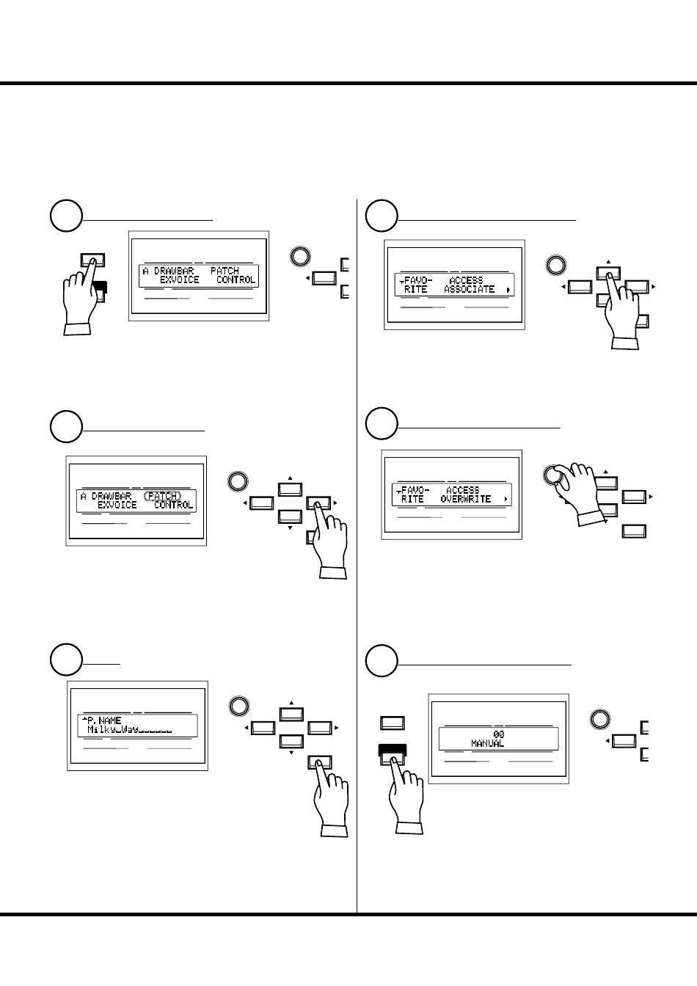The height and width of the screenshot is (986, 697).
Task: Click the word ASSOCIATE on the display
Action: (469, 290)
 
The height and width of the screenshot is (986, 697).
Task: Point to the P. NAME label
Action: (103, 720)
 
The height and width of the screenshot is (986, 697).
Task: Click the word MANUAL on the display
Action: (487, 743)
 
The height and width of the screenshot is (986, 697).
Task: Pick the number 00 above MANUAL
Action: (498, 734)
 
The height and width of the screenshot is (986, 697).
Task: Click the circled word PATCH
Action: (162, 496)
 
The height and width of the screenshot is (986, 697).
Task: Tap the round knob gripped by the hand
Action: (552, 475)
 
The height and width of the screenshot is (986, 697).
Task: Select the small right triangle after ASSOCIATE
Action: (507, 291)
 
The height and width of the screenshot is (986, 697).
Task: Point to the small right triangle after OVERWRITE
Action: (506, 500)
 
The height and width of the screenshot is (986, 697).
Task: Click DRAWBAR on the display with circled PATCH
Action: (112, 496)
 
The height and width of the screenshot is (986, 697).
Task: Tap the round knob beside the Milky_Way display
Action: (238, 706)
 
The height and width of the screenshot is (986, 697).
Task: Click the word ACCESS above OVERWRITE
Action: (462, 490)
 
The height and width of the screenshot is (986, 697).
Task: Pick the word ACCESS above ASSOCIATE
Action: (465, 280)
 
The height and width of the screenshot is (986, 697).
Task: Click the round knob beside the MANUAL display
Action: (600, 720)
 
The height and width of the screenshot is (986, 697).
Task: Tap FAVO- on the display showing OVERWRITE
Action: (415, 490)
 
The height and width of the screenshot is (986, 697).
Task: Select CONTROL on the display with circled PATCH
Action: (174, 505)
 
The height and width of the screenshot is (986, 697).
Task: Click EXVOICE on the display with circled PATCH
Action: (117, 505)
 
